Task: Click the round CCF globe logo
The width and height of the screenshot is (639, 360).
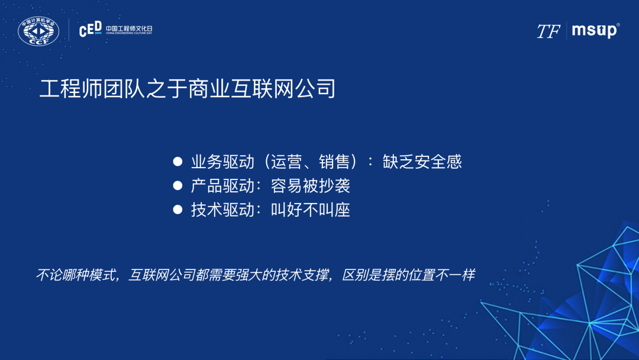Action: point(38,31)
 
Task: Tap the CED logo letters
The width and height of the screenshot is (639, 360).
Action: point(90,30)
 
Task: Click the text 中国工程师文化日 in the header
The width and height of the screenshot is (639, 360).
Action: point(129,28)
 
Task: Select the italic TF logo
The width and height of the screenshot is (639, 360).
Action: point(548,31)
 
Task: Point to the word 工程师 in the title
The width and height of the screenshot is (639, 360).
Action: point(70,88)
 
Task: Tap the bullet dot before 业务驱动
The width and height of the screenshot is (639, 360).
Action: point(177,162)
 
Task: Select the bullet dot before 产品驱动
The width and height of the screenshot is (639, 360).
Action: point(177,186)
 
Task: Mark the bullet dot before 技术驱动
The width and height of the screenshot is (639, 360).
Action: point(177,210)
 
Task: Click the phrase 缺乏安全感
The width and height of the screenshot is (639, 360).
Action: point(422,162)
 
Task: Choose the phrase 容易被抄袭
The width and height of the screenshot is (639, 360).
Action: point(311,186)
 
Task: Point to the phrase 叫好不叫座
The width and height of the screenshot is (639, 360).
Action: point(311,210)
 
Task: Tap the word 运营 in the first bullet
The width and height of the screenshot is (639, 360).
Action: point(286,162)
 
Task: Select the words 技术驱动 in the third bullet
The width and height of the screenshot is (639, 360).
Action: point(222,210)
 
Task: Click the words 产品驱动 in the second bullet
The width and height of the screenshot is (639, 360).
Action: point(222,186)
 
